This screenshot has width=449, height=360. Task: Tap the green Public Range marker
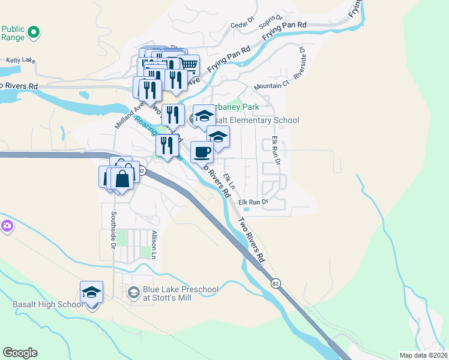point(35,32)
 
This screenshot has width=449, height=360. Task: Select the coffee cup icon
point(202,151)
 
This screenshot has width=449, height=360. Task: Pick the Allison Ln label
point(154,245)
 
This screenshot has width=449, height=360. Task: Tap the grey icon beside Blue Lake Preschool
point(134,293)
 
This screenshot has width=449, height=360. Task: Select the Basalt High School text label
point(48,304)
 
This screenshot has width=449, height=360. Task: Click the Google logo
point(20,353)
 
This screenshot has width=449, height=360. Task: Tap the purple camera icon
point(6,226)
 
